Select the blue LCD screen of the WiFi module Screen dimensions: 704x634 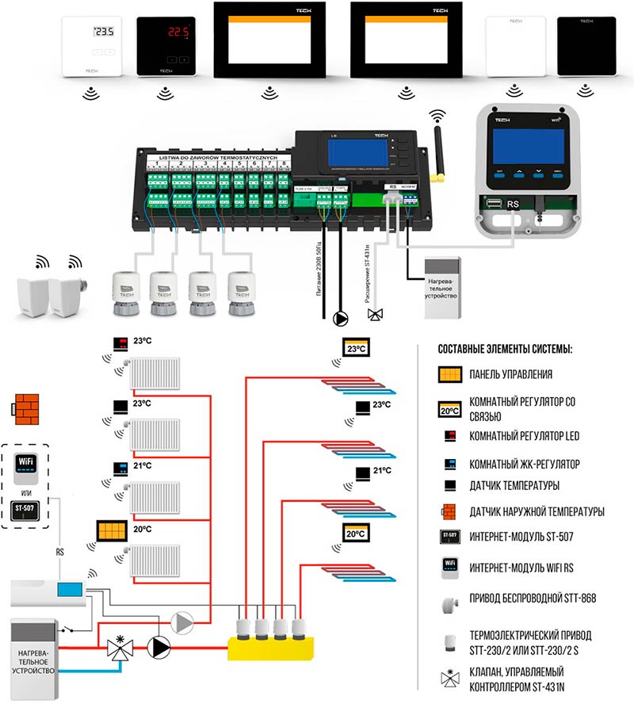[x=524, y=143]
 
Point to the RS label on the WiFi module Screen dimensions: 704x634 [x=513, y=203]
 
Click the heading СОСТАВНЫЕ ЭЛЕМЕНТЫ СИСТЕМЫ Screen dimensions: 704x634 [x=504, y=350]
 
